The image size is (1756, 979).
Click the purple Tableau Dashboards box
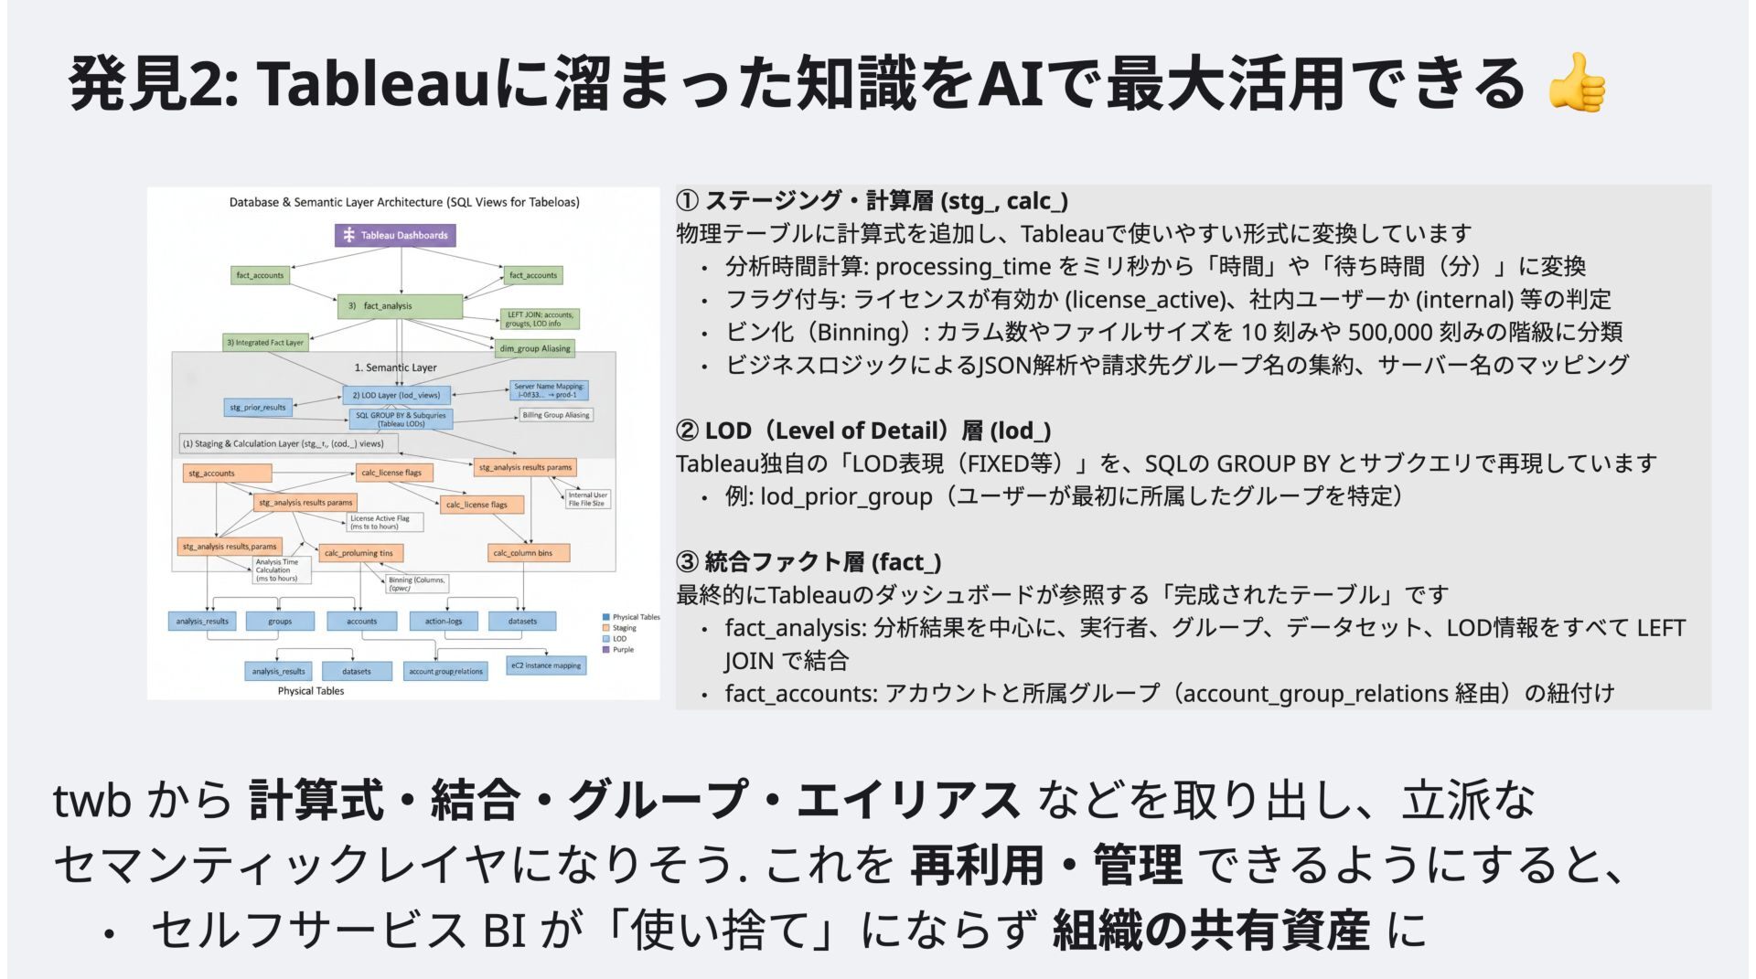coord(395,235)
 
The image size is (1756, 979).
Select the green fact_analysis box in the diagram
coord(400,306)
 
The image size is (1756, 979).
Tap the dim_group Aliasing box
coord(535,348)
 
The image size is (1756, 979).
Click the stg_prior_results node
coord(258,408)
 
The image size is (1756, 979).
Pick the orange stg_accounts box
coord(226,474)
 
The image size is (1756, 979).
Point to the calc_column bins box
coord(528,553)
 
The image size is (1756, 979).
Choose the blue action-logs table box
coord(444,622)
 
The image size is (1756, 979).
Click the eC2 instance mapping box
coord(546,665)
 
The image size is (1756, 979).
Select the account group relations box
coord(445,672)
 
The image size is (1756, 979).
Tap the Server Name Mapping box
coord(548,390)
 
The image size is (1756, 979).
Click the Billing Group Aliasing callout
coord(556,415)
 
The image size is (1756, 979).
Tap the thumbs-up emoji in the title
coord(1575,83)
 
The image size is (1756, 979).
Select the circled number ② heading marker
coord(687,431)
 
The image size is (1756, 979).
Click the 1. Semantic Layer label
coord(395,367)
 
